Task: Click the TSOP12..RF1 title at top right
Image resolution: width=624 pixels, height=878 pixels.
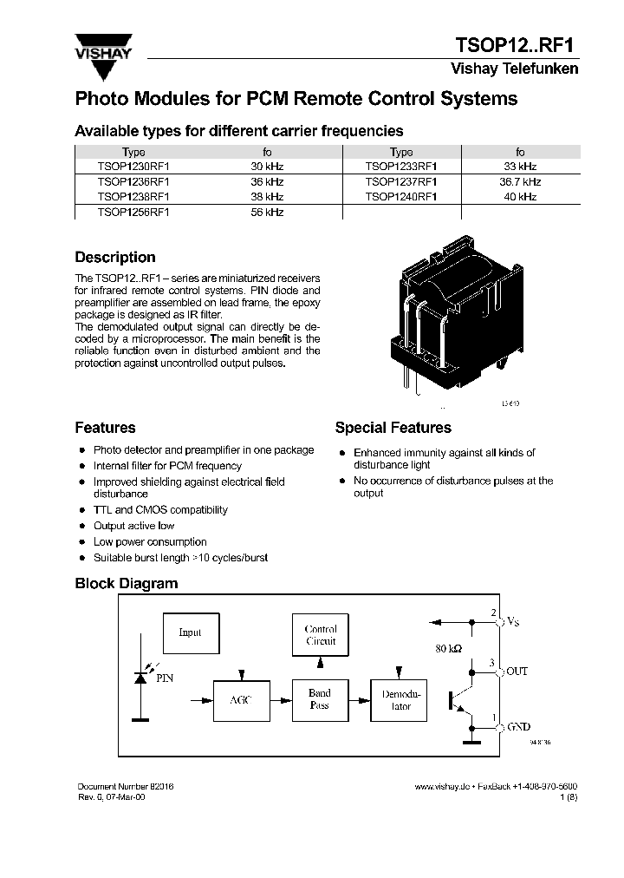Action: click(517, 45)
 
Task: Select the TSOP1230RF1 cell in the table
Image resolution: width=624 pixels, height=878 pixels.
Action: click(133, 167)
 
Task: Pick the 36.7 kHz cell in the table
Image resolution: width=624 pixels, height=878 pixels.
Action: click(520, 182)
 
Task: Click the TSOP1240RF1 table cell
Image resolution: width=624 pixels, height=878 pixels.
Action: click(400, 197)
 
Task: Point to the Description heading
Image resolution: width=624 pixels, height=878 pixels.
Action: click(115, 258)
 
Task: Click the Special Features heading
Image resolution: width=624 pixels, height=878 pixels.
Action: click(393, 428)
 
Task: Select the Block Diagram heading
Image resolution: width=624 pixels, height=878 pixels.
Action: click(126, 584)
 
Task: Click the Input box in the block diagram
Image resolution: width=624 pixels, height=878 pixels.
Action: click(191, 632)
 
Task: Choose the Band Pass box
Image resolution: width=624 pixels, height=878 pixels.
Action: click(320, 699)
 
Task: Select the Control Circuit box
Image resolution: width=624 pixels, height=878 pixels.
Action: click(321, 635)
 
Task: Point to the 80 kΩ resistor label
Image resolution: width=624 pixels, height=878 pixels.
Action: click(450, 648)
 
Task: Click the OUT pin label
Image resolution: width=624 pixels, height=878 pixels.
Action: click(517, 672)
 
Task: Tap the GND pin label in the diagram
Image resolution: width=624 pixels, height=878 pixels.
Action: click(518, 727)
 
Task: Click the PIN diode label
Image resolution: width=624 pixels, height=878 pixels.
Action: click(165, 679)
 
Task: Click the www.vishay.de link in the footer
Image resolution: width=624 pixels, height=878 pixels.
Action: click(441, 786)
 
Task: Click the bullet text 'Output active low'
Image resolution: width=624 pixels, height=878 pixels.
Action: click(133, 526)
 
